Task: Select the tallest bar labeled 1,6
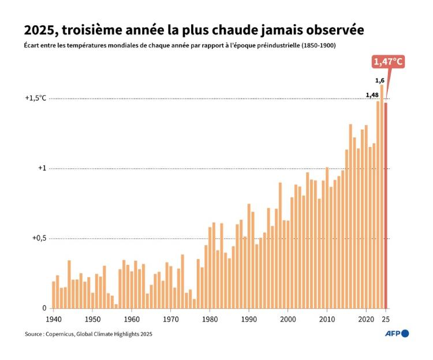(x=382, y=196)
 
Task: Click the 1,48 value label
(x=372, y=95)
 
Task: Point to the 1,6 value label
(x=380, y=80)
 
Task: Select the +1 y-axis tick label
(x=42, y=168)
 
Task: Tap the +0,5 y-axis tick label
(x=37, y=238)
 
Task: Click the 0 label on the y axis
(x=44, y=309)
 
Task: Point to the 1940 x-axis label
(x=53, y=318)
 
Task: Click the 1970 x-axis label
(x=170, y=318)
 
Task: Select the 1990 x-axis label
(x=249, y=318)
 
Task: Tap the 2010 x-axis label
(x=327, y=318)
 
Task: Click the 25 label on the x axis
(x=386, y=318)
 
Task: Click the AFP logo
(x=397, y=333)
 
